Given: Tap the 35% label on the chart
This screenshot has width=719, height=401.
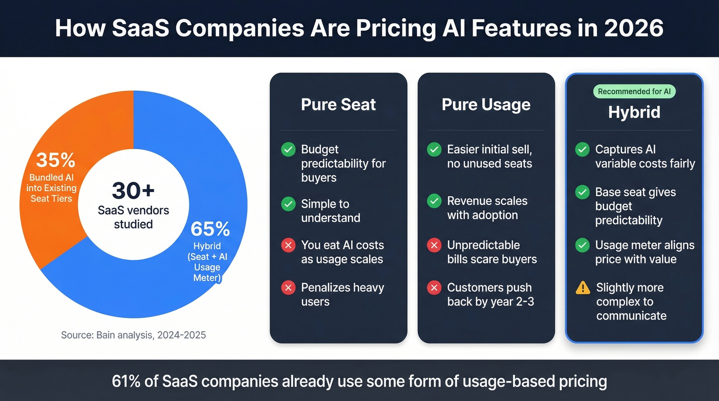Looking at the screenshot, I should [x=55, y=160].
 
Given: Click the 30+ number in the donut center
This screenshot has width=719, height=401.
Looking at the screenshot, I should [x=133, y=190].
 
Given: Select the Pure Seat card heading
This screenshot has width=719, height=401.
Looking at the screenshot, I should [x=338, y=105].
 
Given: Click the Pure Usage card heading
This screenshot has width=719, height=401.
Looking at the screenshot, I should [x=486, y=105].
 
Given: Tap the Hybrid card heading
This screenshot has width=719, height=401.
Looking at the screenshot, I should [x=634, y=112].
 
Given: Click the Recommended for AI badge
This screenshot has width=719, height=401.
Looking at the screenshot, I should [x=634, y=91].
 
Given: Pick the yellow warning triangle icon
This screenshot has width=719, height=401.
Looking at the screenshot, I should [x=583, y=288].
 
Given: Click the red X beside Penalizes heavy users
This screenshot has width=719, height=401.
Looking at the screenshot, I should [x=288, y=288].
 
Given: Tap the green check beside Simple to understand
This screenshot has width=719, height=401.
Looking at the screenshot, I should [x=288, y=204].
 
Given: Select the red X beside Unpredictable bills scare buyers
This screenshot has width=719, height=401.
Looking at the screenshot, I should [x=434, y=245].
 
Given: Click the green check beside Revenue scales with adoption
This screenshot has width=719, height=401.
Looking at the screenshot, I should [x=434, y=201].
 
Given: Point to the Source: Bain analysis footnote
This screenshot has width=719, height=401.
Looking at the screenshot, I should [x=134, y=335].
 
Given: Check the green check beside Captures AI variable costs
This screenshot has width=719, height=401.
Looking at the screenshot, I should [x=582, y=149].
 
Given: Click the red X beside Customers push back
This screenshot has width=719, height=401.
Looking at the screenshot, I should [x=434, y=288].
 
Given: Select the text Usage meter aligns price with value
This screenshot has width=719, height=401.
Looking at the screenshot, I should [x=645, y=252].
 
